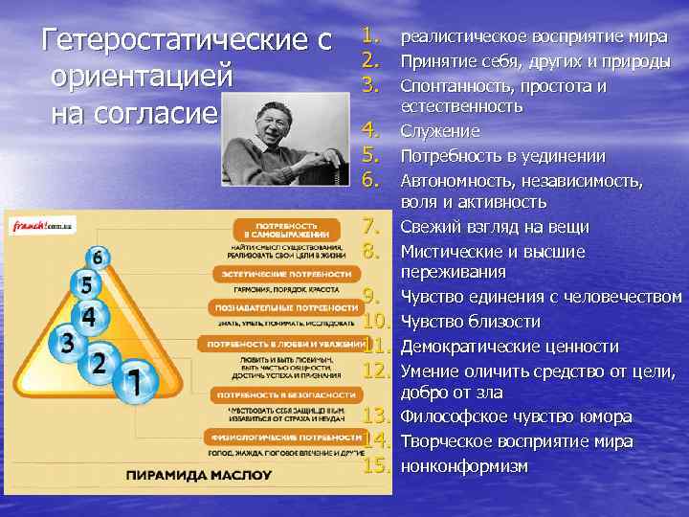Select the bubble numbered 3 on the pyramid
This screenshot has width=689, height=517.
[67, 342]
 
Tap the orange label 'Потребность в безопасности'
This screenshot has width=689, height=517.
[274, 393]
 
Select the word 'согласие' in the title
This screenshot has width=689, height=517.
[135, 112]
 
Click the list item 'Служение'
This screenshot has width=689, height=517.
[439, 131]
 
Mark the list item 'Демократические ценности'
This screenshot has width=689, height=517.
[509, 347]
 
